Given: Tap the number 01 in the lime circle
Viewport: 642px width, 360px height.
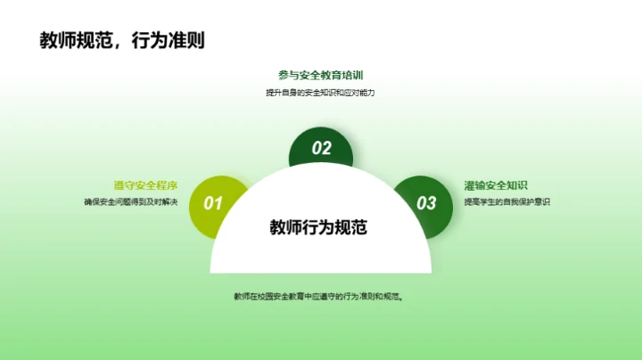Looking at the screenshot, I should point(214,203).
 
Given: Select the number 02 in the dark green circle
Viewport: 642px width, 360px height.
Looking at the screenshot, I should point(321,149).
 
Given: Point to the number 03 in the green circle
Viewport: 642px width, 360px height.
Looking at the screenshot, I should point(427,203).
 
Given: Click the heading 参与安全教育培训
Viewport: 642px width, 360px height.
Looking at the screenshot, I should point(320,76).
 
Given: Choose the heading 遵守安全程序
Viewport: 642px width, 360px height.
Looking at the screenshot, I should point(145,185).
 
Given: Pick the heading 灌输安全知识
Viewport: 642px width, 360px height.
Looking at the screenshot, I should point(496,185).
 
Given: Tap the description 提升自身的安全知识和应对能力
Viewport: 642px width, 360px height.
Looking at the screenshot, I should point(320,93).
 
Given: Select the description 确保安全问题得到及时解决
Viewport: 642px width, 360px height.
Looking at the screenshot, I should point(131,202).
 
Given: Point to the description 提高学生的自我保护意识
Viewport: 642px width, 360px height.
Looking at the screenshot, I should point(507,202).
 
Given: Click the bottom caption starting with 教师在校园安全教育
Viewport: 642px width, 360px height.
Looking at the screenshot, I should point(320,296).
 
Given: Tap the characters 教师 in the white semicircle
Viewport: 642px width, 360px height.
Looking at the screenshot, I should point(286,227).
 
